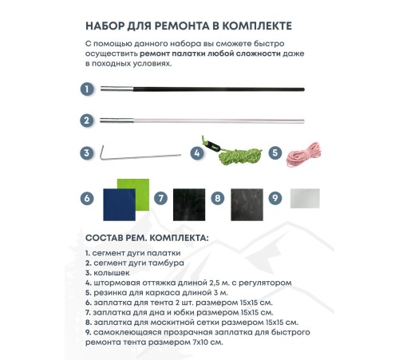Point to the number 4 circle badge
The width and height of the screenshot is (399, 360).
pyautogui.click(x=196, y=152)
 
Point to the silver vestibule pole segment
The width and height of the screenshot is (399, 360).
pyautogui.click(x=199, y=121)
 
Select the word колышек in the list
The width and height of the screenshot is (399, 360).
pyautogui.click(x=109, y=272)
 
